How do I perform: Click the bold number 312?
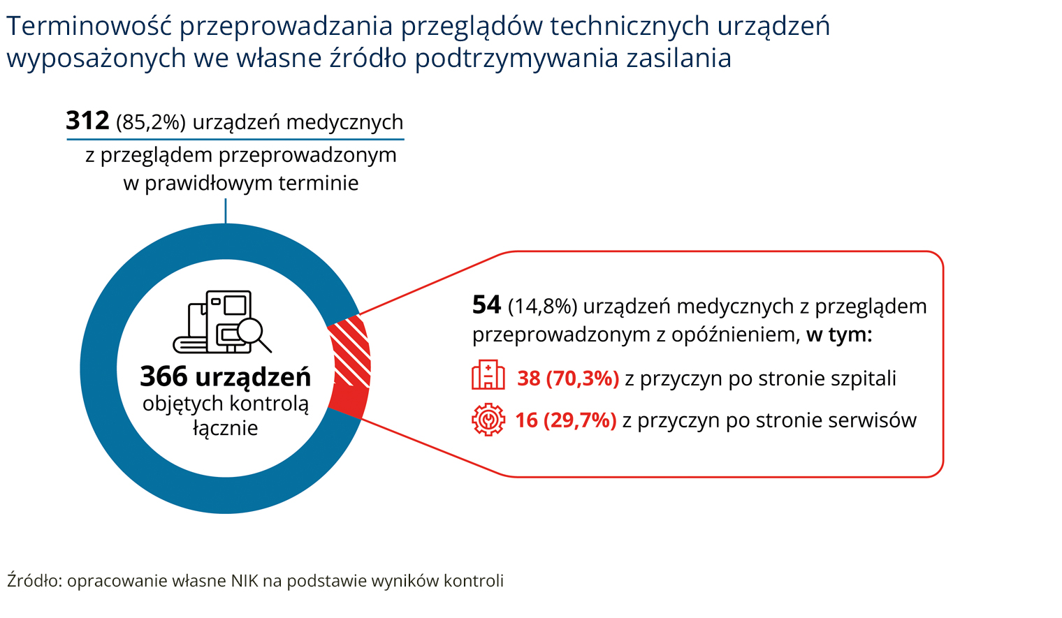pyautogui.click(x=87, y=121)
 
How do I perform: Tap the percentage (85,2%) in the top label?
pyautogui.click(x=151, y=123)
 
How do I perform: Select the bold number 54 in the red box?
pyautogui.click(x=486, y=305)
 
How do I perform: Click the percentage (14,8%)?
pyautogui.click(x=542, y=307)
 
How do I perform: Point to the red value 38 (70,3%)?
pyautogui.click(x=568, y=378)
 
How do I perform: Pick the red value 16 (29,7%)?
pyautogui.click(x=565, y=420)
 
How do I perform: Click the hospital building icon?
pyautogui.click(x=488, y=376)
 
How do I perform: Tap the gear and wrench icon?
pyautogui.click(x=488, y=420)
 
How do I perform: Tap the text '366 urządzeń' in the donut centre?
pyautogui.click(x=225, y=377)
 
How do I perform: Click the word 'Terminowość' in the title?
pyautogui.click(x=89, y=27)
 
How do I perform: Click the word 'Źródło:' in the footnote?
pyautogui.click(x=34, y=581)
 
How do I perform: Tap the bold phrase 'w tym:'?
pyautogui.click(x=839, y=334)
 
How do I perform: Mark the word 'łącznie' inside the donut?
pyautogui.click(x=225, y=428)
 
